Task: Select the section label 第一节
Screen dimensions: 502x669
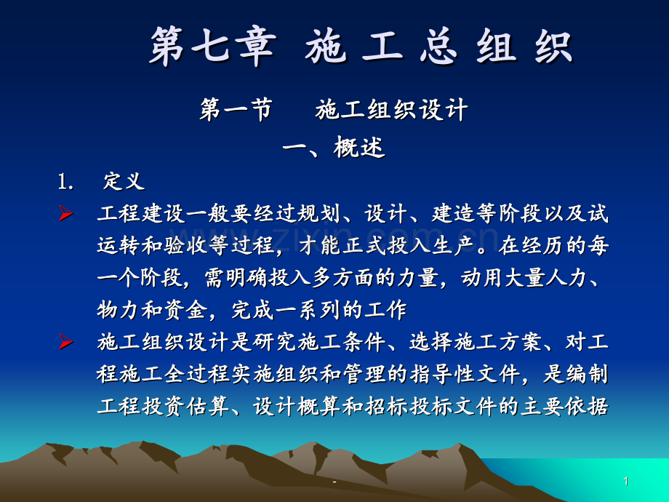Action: [x=236, y=111]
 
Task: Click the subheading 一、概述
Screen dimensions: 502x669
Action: [x=334, y=148]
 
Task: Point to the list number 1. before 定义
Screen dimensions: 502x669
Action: [x=66, y=182]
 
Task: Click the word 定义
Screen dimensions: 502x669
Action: [x=124, y=182]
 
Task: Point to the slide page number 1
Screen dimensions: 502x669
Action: [x=625, y=482]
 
